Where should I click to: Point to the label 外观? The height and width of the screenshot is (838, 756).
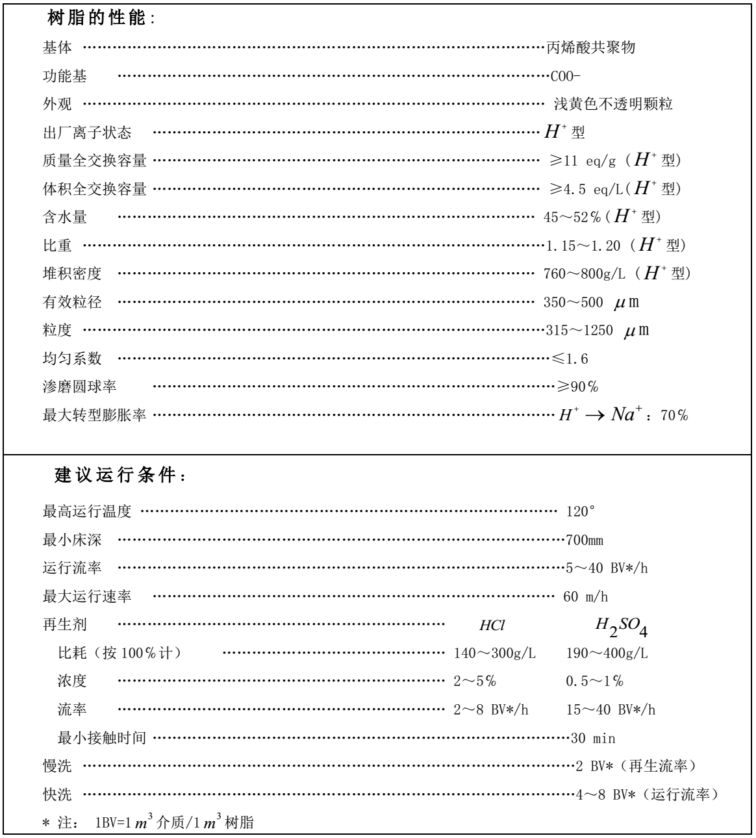click(58, 105)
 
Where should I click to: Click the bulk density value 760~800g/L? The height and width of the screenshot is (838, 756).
click(584, 274)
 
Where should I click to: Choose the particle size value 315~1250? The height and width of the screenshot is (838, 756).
click(578, 331)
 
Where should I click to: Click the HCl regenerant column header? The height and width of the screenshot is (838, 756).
click(492, 626)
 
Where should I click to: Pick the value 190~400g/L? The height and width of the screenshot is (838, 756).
click(607, 654)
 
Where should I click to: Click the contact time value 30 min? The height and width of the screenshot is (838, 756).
click(593, 739)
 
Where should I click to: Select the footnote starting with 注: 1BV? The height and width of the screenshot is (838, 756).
click(149, 823)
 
